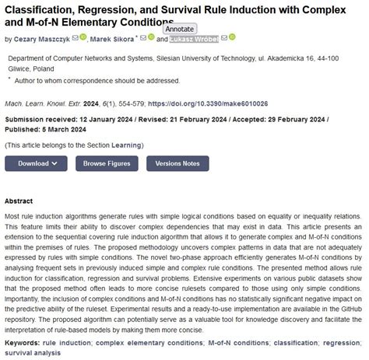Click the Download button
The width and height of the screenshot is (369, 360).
33,163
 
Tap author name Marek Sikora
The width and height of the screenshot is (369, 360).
109,38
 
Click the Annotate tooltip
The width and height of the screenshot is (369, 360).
179,30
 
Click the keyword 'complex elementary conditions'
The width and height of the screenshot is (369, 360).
147,341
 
